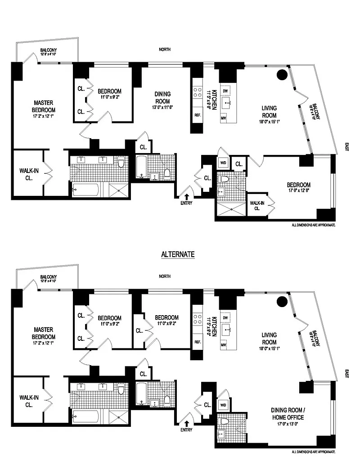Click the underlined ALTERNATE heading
[178, 254]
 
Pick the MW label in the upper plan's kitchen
[223, 118]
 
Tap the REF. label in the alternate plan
[197, 341]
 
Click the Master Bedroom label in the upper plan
[44, 106]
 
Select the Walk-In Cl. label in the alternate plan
[28, 401]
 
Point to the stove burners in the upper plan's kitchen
[197, 92]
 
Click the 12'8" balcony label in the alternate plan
[48, 279]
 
